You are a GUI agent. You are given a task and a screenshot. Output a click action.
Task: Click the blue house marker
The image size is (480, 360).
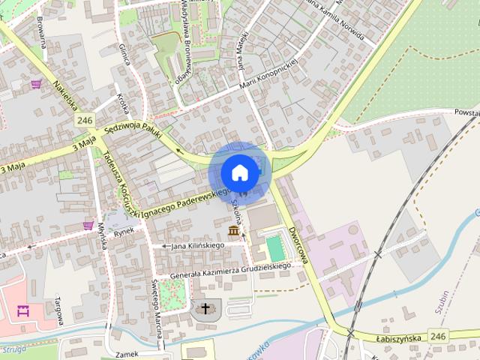tap(239, 172)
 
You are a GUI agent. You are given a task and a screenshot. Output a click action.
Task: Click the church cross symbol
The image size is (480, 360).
tap(205, 308)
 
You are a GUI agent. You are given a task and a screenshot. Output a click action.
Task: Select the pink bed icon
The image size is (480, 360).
tap(23, 311)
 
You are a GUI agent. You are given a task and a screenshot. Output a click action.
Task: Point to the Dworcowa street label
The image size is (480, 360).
tap(298, 245)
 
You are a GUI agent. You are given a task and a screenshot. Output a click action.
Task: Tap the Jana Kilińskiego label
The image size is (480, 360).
tap(198, 245)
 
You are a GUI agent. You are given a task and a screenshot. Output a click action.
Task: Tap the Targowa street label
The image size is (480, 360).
tap(57, 308)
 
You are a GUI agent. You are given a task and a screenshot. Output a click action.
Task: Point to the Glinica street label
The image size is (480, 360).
tap(124, 54)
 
